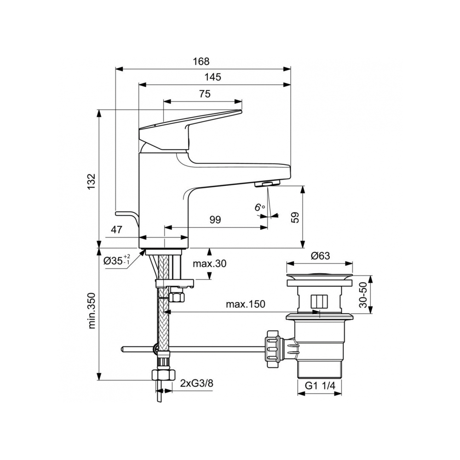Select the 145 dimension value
point(213,77)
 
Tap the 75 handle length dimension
point(205,94)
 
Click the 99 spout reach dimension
point(215,220)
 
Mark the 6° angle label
point(260,207)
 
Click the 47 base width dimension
point(116,230)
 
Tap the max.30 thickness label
point(210,264)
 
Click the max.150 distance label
point(245,304)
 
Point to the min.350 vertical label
point(92,311)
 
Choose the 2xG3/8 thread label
point(196,383)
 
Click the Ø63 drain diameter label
point(320,256)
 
